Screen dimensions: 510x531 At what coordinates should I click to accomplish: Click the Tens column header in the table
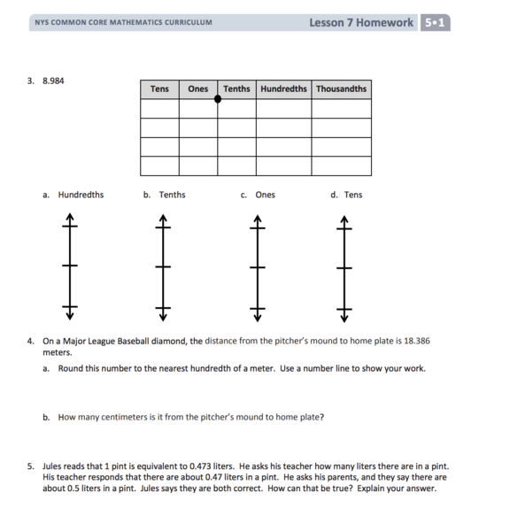coord(159,89)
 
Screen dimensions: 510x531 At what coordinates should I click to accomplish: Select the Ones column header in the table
coord(198,89)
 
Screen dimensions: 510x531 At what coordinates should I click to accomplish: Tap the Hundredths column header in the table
coord(283,89)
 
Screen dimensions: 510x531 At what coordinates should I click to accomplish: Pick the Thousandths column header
coord(341,89)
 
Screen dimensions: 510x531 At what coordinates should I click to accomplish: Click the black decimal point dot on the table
coord(218,99)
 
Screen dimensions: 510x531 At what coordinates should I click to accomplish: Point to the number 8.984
coord(53,81)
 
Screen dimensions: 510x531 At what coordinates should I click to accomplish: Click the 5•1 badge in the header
coord(435,23)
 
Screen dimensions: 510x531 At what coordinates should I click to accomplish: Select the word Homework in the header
coord(384,23)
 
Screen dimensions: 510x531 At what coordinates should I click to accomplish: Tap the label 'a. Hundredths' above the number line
coord(73,195)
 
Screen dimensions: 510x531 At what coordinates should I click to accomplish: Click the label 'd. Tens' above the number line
coord(346,195)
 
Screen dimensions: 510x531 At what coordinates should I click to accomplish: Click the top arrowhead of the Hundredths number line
coord(70,216)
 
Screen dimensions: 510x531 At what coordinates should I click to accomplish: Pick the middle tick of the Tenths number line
coord(163,267)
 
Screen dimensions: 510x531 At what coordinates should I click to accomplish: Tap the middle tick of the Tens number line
coord(344,268)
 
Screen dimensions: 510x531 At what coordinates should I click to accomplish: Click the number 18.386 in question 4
coord(417,341)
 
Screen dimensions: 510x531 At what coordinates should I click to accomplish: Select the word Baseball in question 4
coord(133,341)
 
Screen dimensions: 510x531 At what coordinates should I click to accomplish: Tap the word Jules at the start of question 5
coord(52,466)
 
